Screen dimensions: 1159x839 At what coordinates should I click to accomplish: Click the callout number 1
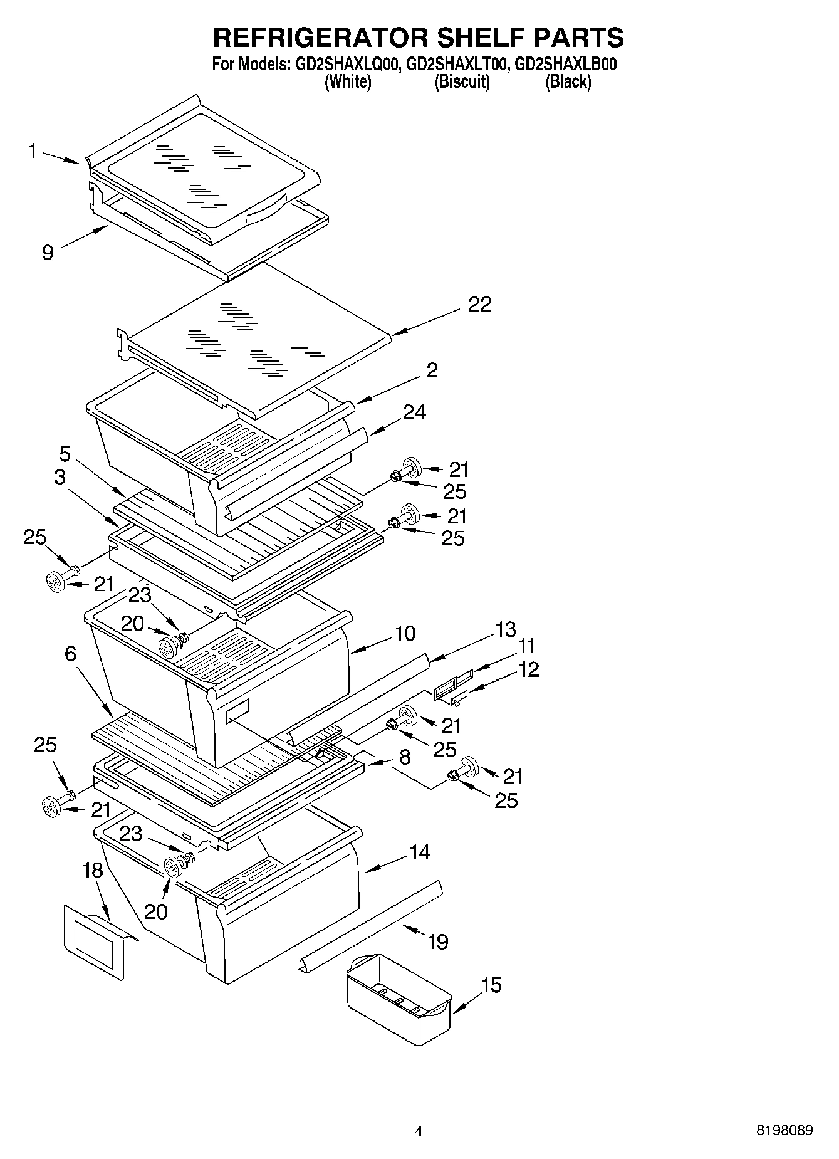31,151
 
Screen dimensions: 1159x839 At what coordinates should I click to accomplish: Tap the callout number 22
480,305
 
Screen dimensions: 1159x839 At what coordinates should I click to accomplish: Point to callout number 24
414,412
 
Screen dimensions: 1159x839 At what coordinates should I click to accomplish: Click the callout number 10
405,633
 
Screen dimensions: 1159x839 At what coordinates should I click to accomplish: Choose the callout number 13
506,628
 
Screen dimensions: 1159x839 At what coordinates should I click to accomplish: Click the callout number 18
93,870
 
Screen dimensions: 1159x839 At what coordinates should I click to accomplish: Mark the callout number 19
438,941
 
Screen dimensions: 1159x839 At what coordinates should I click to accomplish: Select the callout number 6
70,654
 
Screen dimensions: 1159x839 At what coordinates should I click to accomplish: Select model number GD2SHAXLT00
456,64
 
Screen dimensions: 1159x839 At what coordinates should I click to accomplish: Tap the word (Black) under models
568,82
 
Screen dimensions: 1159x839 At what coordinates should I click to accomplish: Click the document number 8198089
784,1131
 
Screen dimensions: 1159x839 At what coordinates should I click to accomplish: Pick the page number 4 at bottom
419,1131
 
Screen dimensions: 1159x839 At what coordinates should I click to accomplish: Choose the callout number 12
529,669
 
